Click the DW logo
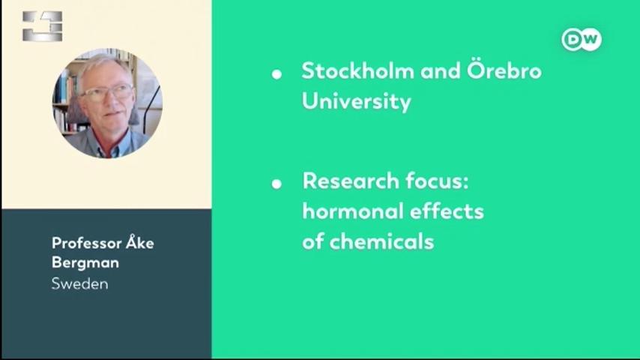point(582,40)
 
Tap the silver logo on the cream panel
point(43,26)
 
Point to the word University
point(356,101)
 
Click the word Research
point(351,181)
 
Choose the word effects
point(447,211)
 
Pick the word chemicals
point(381,241)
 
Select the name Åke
point(140,242)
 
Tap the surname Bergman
point(85,262)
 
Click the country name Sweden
point(80,284)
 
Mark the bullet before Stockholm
point(277,74)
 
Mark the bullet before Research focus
point(277,184)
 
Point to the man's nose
point(110,101)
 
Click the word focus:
point(437,181)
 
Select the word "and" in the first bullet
point(441,70)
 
